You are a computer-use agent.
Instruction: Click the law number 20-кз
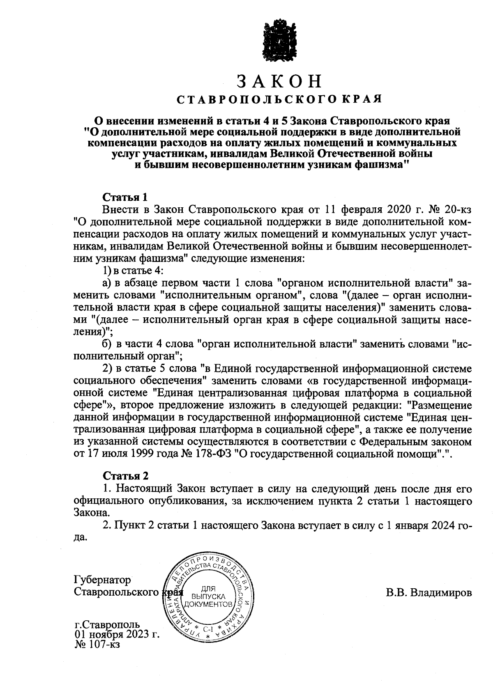coord(455,209)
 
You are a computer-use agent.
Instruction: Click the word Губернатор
coord(102,580)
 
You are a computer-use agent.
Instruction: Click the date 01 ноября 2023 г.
coord(117,635)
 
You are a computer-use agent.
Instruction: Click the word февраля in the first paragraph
coord(360,209)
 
